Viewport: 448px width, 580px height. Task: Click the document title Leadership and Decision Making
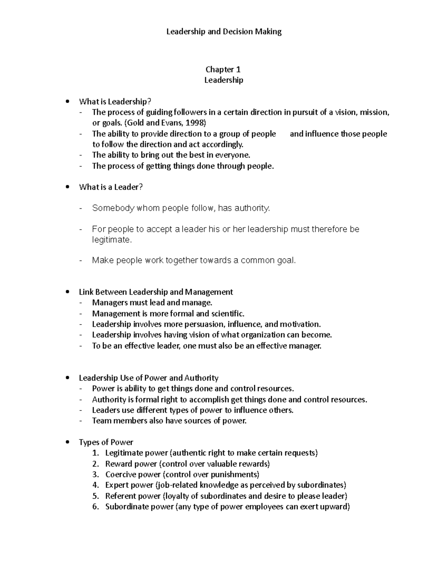(x=224, y=32)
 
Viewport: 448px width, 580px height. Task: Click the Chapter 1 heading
(x=223, y=69)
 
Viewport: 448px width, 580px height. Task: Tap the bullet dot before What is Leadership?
(x=67, y=102)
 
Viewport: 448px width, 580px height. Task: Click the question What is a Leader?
(x=111, y=187)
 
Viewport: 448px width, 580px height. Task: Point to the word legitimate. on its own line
(x=112, y=240)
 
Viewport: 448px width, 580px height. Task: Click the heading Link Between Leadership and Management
(x=156, y=292)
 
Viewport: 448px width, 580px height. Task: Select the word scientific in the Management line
(x=227, y=313)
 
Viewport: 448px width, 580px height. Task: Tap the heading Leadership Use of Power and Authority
(x=149, y=378)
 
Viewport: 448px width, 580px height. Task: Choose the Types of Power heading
(x=106, y=442)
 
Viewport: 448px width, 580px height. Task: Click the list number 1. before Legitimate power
(x=96, y=453)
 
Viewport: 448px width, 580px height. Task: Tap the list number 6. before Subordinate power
(x=96, y=507)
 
